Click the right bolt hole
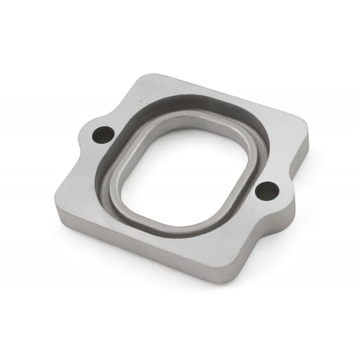(268, 191)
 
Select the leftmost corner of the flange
(55, 209)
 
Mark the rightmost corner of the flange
(309, 134)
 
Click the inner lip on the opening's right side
(252, 155)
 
